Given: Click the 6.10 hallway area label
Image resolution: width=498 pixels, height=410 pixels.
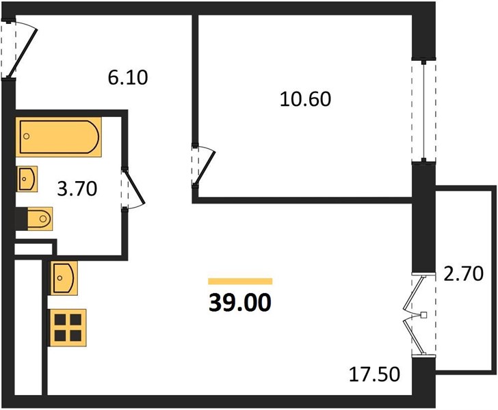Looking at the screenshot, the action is pos(128,78).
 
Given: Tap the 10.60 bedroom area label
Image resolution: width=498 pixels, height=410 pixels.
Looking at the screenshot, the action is pos(305,98).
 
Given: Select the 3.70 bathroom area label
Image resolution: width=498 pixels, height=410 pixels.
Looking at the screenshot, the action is pos(77,189).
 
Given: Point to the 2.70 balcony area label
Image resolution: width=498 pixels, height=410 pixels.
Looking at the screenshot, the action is pos(463,274).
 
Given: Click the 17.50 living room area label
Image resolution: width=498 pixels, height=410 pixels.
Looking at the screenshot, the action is pos(374,374).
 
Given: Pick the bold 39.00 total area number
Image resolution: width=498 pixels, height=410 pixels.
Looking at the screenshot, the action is pos(240,303).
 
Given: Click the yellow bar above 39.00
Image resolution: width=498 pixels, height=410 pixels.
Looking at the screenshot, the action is pos(240,281).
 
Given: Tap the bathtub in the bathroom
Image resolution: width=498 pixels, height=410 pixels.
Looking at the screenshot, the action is pos(59,137).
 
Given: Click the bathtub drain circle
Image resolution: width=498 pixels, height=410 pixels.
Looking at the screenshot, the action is pos(27,136).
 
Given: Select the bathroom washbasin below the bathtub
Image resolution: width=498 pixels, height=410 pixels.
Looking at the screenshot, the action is pos(27,179).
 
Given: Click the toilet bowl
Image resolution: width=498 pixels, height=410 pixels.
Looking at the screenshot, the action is pos(40,219).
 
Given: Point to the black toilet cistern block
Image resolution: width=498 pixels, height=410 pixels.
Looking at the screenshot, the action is pos(22,219).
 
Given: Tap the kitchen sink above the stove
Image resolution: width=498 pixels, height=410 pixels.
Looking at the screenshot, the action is pos(64,278).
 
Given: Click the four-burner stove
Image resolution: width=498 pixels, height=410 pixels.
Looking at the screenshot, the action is pos(67,327).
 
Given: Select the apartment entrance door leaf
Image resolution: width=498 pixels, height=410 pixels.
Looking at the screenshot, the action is pos(22,53).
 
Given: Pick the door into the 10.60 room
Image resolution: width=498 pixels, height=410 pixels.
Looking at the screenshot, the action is pos(205,168).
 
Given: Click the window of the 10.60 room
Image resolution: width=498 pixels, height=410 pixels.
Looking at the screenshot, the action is pos(423,111).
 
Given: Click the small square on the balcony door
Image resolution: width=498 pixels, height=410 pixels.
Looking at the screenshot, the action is pos(423,315).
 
